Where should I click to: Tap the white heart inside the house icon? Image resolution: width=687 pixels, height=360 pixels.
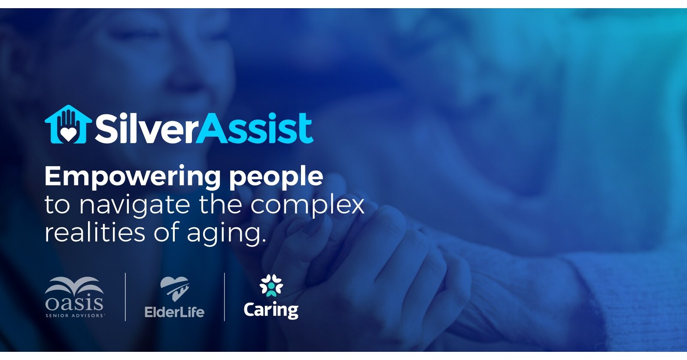[x=68, y=134]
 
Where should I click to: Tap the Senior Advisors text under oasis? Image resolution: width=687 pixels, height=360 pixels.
[x=75, y=315]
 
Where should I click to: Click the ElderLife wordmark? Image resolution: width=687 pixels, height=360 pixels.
[x=174, y=312]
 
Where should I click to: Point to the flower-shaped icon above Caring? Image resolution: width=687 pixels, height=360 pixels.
[x=271, y=286]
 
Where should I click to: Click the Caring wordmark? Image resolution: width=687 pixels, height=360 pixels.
[x=271, y=310]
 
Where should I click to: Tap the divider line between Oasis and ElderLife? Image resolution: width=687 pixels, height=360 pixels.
[x=125, y=297]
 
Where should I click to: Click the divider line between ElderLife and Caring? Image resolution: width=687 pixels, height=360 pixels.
[x=225, y=297]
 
